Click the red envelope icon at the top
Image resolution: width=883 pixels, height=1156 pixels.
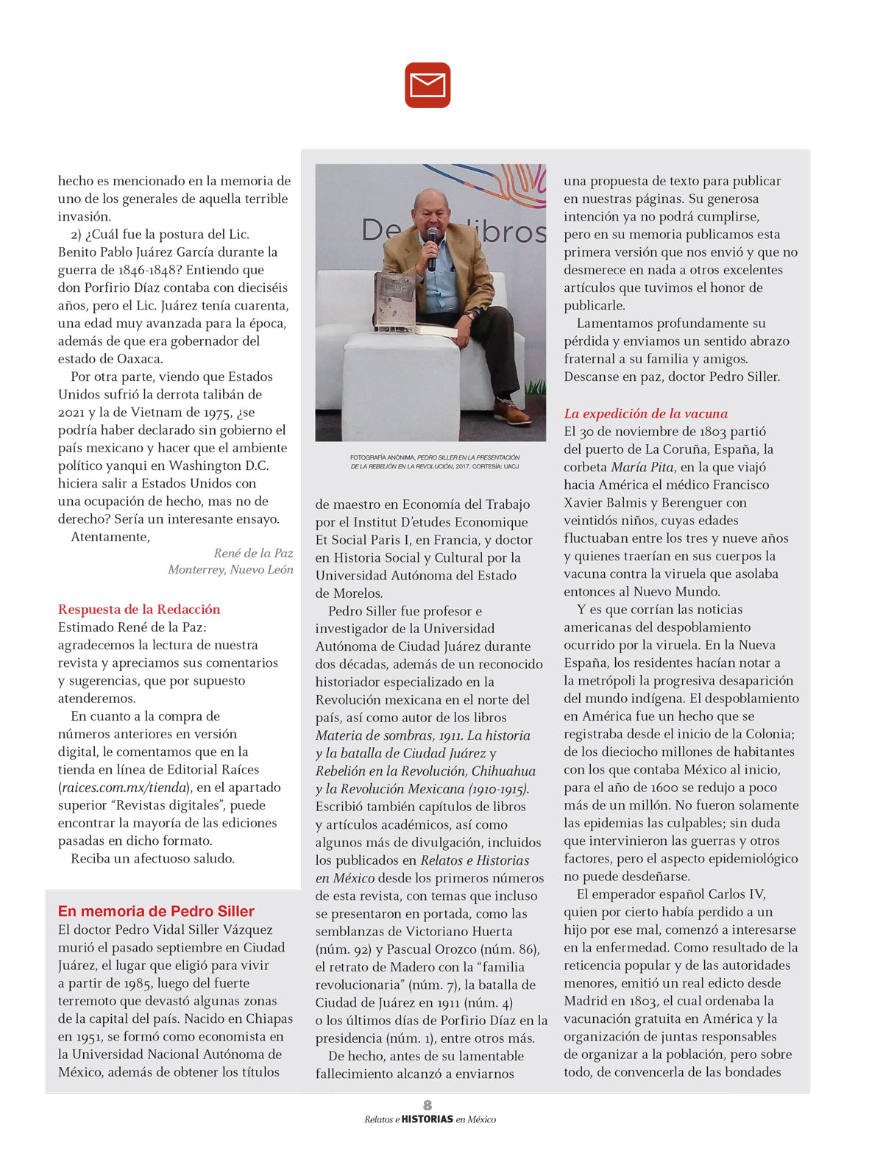[x=427, y=85]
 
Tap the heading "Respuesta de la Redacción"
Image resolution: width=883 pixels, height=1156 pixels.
[x=139, y=609]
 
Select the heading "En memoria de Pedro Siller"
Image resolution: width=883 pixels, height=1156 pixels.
[x=156, y=911]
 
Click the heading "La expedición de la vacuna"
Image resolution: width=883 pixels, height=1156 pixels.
[x=645, y=413]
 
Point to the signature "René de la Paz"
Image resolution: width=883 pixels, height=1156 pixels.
[x=253, y=553]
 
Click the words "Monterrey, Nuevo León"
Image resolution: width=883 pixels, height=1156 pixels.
[x=230, y=569]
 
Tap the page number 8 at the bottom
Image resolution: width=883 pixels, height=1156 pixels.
[x=428, y=1105]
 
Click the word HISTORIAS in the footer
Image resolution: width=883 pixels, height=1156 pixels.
[x=428, y=1119]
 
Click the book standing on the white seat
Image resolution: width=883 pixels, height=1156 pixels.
[x=394, y=300]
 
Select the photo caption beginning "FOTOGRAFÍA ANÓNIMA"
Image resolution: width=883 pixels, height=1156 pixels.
[x=434, y=462]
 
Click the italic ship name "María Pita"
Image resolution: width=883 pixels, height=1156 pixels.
[x=642, y=467]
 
